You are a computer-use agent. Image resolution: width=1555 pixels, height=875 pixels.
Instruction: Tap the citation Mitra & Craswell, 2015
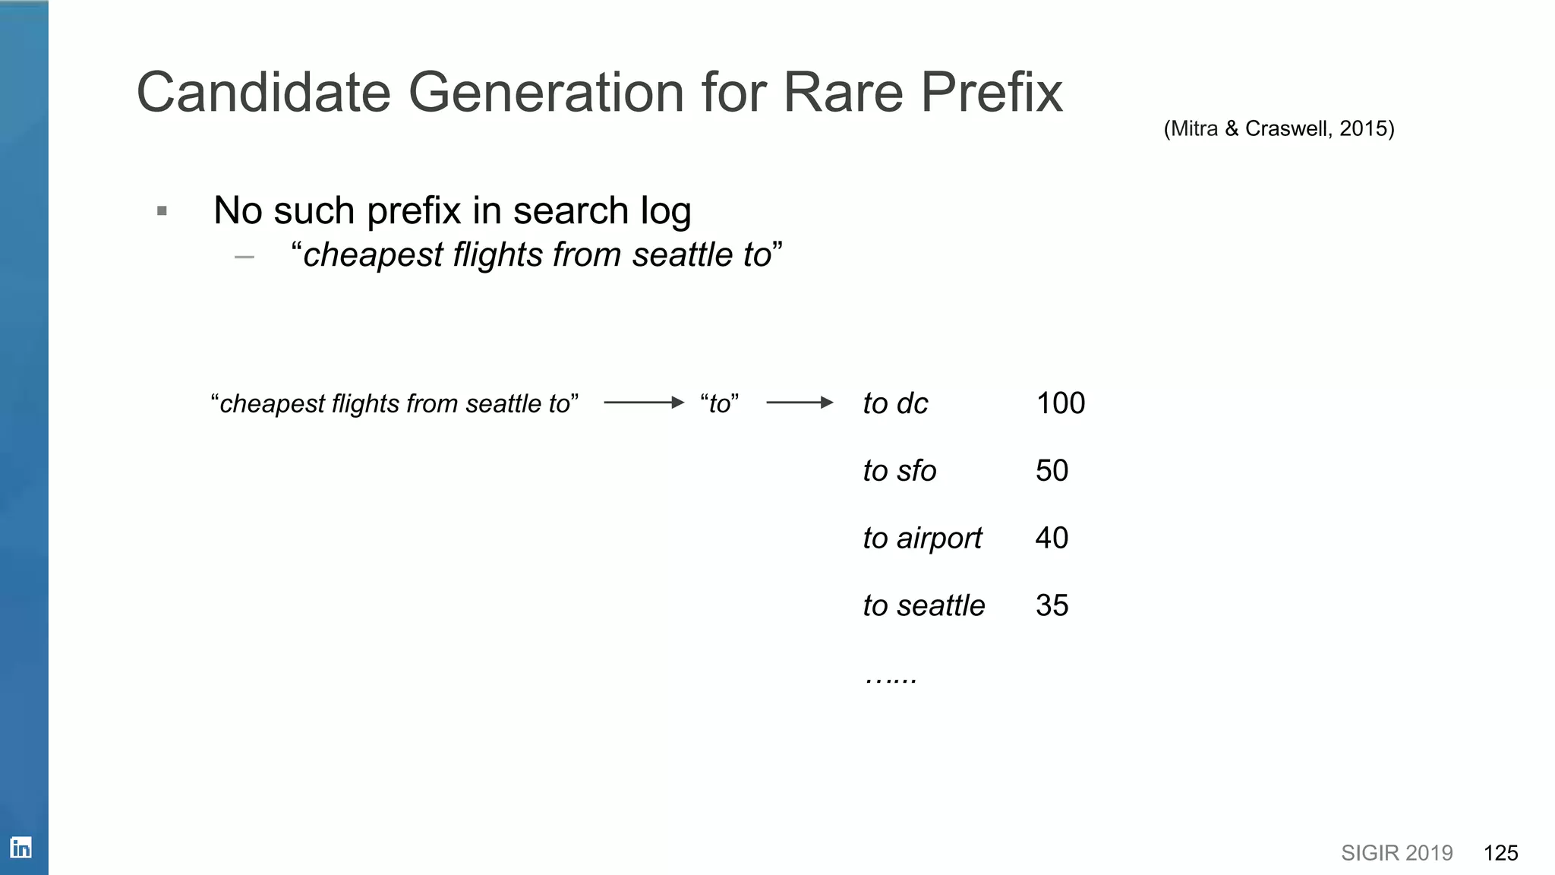click(x=1279, y=128)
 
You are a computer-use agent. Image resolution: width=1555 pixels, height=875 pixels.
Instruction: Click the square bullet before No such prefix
click(x=162, y=211)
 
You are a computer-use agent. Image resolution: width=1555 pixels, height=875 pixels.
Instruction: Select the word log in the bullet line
click(x=665, y=211)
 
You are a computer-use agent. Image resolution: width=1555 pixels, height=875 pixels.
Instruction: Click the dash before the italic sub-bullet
click(x=244, y=257)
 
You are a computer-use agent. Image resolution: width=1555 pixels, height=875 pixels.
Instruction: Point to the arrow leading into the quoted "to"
click(x=644, y=403)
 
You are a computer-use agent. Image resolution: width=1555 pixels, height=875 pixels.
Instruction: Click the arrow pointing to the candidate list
click(x=800, y=403)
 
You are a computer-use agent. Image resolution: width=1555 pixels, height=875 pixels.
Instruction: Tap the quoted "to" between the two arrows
click(x=719, y=403)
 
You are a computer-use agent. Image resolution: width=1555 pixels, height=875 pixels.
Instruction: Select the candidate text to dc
click(x=895, y=403)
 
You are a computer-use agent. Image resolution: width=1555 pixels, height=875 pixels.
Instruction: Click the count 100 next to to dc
click(x=1060, y=403)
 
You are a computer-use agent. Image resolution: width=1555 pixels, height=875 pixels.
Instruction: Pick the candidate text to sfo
click(x=899, y=471)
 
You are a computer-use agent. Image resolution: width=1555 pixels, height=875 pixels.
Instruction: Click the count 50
click(x=1052, y=471)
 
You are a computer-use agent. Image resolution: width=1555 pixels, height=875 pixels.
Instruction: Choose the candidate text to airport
click(x=922, y=539)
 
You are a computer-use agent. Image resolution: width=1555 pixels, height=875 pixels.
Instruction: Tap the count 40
click(x=1052, y=539)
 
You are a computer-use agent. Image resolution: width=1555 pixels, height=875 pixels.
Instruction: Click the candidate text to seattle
click(x=923, y=606)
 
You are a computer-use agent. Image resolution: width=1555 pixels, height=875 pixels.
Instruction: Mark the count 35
click(x=1052, y=606)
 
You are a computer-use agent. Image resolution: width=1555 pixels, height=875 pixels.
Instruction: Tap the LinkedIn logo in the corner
click(x=21, y=848)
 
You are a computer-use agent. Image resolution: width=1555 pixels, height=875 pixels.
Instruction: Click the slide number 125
click(x=1500, y=853)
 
